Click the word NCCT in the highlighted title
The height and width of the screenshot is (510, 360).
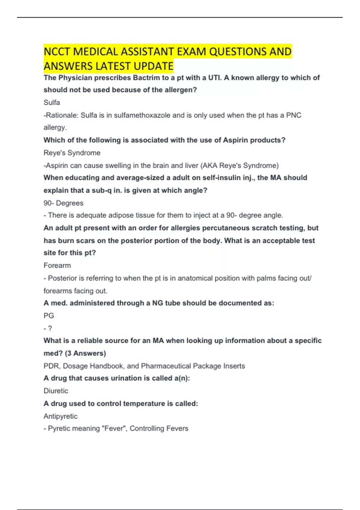57,52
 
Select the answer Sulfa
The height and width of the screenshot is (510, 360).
52,103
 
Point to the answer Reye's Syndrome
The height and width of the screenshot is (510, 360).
72,153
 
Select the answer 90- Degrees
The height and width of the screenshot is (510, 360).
63,203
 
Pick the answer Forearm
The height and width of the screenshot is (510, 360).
57,265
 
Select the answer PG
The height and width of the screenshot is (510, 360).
49,316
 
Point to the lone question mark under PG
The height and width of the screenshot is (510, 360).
50,328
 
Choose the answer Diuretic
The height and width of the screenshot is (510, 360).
56,391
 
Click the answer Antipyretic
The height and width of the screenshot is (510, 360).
60,416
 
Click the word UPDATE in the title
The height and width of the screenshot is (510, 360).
154,66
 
